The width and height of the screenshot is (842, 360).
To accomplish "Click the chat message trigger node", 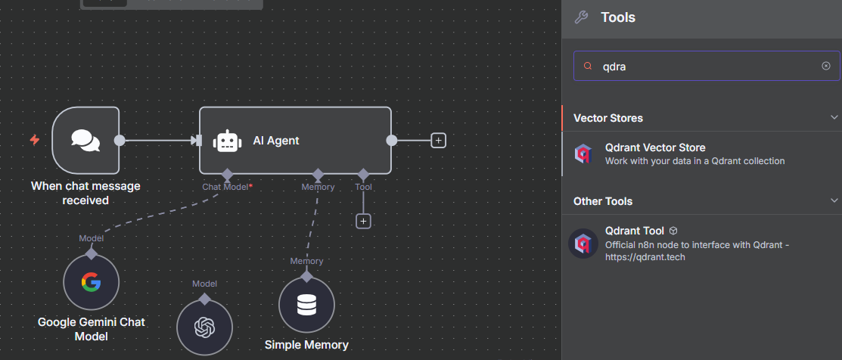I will pos(85,140).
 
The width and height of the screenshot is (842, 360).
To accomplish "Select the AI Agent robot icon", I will pos(226,141).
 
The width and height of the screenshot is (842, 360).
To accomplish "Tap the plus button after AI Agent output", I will pos(438,140).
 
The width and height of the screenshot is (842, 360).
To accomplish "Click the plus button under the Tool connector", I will pos(363,221).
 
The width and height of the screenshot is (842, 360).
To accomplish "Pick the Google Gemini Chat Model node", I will pos(92,282).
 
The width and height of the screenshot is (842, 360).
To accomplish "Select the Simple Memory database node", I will pos(306,305).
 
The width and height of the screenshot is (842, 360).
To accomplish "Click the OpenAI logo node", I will pos(204,327).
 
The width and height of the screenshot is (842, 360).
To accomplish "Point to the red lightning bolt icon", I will pos(35,140).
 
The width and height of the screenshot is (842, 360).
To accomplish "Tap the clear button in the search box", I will pos(826,66).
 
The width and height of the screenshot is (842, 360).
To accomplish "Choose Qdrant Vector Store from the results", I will pos(655,154).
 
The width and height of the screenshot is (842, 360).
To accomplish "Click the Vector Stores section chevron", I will pos(834,117).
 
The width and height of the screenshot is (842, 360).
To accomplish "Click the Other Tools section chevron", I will pos(834,200).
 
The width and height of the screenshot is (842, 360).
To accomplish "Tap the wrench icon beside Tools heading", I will pos(582,17).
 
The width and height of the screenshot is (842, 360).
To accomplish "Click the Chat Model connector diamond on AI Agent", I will pos(227,174).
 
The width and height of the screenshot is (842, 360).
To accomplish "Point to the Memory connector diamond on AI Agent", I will pos(318,174).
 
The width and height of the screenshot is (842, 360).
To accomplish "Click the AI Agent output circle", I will pos(391,140).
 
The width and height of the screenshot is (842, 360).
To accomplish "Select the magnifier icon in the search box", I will pos(587,66).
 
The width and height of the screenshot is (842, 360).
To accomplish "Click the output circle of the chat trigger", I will pos(119,140).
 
